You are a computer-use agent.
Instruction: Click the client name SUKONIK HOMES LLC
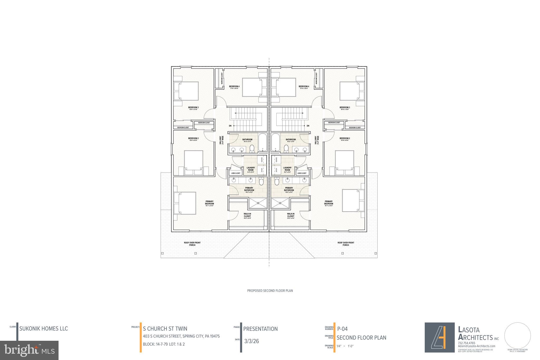(x=44, y=329)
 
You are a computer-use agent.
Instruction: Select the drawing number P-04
(x=343, y=329)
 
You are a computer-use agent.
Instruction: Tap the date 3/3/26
(x=252, y=341)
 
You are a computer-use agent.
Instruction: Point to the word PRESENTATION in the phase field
(x=260, y=329)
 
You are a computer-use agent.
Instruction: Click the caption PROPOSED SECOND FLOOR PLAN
(x=270, y=291)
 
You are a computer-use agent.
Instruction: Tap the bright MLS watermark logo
(x=29, y=350)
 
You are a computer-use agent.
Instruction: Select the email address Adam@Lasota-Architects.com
(x=476, y=346)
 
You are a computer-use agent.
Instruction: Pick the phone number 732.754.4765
(x=466, y=343)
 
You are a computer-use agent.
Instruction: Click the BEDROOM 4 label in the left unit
(x=234, y=87)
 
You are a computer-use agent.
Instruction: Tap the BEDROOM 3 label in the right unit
(x=345, y=108)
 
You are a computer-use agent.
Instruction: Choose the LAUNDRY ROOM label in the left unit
(x=250, y=169)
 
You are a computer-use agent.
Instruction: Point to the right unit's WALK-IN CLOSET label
(x=291, y=215)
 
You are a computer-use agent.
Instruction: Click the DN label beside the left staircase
(x=230, y=126)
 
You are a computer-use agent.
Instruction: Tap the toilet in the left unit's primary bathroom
(x=261, y=181)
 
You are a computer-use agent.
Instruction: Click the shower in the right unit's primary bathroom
(x=280, y=203)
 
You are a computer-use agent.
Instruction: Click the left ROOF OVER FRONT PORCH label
(x=192, y=244)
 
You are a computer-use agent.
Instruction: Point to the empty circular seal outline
(x=517, y=335)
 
